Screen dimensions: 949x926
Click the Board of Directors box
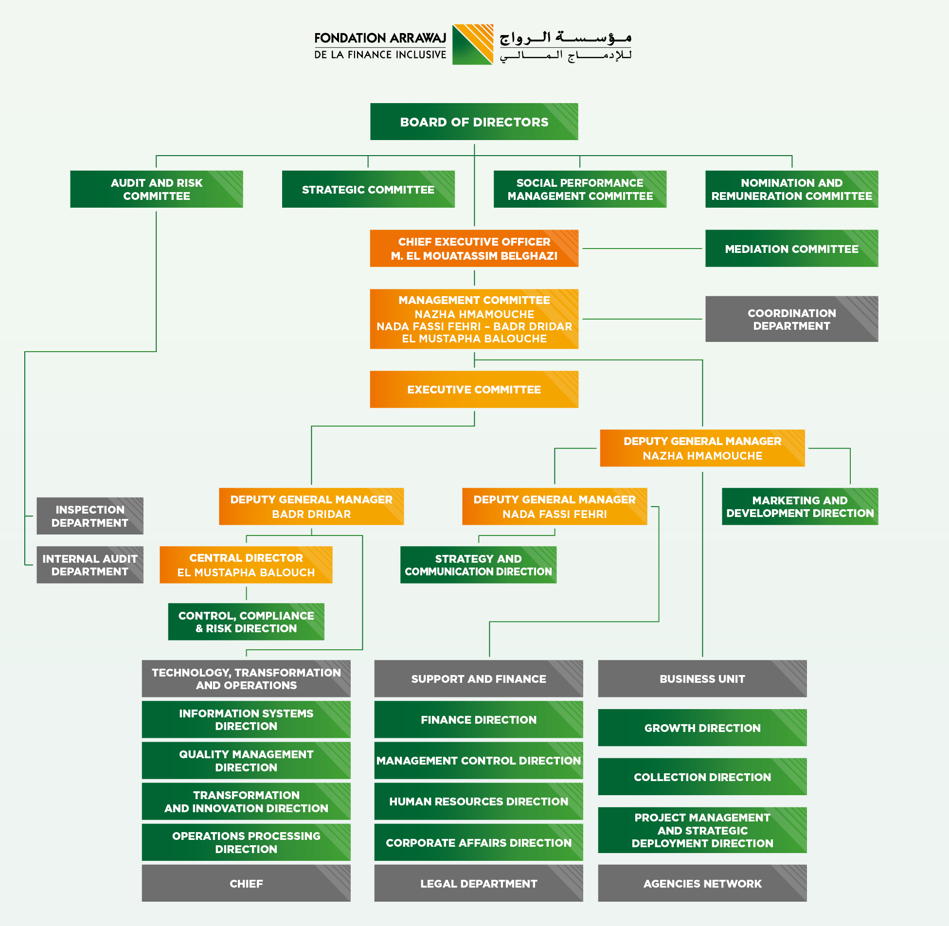pos(474,122)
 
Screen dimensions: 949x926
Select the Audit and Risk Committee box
pos(157,189)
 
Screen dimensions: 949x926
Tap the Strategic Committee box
pos(368,189)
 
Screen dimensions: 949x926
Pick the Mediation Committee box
pos(792,249)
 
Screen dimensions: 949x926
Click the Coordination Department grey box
pos(792,319)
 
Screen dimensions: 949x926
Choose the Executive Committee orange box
pos(474,390)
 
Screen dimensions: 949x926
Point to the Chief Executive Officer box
pos(474,249)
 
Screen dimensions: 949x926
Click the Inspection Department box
pos(90,516)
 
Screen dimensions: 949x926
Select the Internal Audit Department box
pos(90,565)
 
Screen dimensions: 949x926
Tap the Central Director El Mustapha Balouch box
pos(246,565)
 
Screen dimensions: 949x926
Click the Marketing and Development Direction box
pos(800,507)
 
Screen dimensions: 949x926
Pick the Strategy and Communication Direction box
pos(478,565)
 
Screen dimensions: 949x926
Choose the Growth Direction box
pos(702,728)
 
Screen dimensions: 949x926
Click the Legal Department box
pos(479,884)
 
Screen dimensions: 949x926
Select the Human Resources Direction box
pos(479,801)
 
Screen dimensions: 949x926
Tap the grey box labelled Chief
pos(246,884)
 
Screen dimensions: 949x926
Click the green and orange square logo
pos(473,45)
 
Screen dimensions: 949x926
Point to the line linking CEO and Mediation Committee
pos(642,249)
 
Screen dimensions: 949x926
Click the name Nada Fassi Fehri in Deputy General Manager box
pos(555,515)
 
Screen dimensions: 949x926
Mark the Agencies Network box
pos(702,884)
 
